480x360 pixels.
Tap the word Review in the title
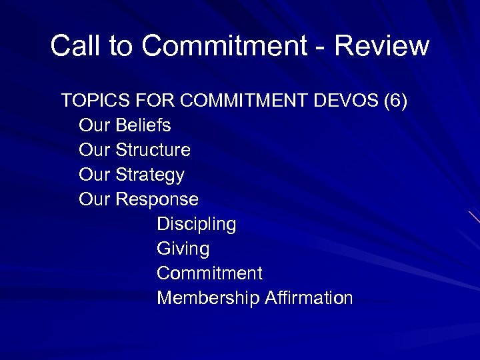click(382, 46)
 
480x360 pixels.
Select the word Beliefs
click(143, 125)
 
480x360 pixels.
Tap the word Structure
click(153, 150)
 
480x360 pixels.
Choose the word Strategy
click(150, 175)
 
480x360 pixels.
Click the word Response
click(157, 199)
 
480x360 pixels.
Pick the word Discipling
click(196, 225)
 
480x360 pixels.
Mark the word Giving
click(183, 249)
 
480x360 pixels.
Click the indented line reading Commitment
click(209, 273)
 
